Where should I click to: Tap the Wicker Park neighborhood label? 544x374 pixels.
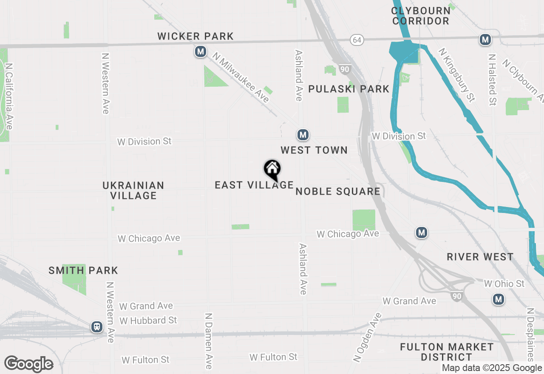195,37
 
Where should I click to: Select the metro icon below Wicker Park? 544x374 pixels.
201,52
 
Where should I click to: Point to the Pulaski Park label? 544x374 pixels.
348,89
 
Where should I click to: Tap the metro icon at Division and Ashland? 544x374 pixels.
303,135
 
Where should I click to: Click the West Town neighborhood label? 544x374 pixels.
314,150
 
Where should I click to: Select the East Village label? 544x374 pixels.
254,185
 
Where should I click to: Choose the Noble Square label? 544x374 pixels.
338,191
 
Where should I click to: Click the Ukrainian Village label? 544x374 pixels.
133,190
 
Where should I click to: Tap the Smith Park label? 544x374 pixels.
83,270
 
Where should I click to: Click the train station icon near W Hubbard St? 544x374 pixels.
97,327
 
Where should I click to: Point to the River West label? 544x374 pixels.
480,257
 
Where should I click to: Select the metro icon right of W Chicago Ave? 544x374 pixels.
421,232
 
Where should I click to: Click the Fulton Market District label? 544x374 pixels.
447,352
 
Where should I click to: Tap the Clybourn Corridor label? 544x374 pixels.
421,16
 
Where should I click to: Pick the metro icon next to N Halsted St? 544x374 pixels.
485,40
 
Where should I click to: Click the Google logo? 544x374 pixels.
28,364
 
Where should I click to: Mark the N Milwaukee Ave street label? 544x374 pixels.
241,78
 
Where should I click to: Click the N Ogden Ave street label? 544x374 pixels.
368,338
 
